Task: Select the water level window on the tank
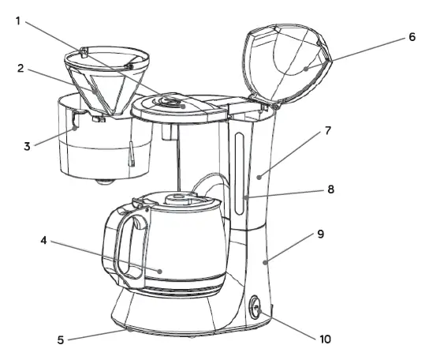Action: tap(239, 174)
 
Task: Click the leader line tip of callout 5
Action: tap(129, 332)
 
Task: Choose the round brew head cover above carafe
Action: tap(174, 105)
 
